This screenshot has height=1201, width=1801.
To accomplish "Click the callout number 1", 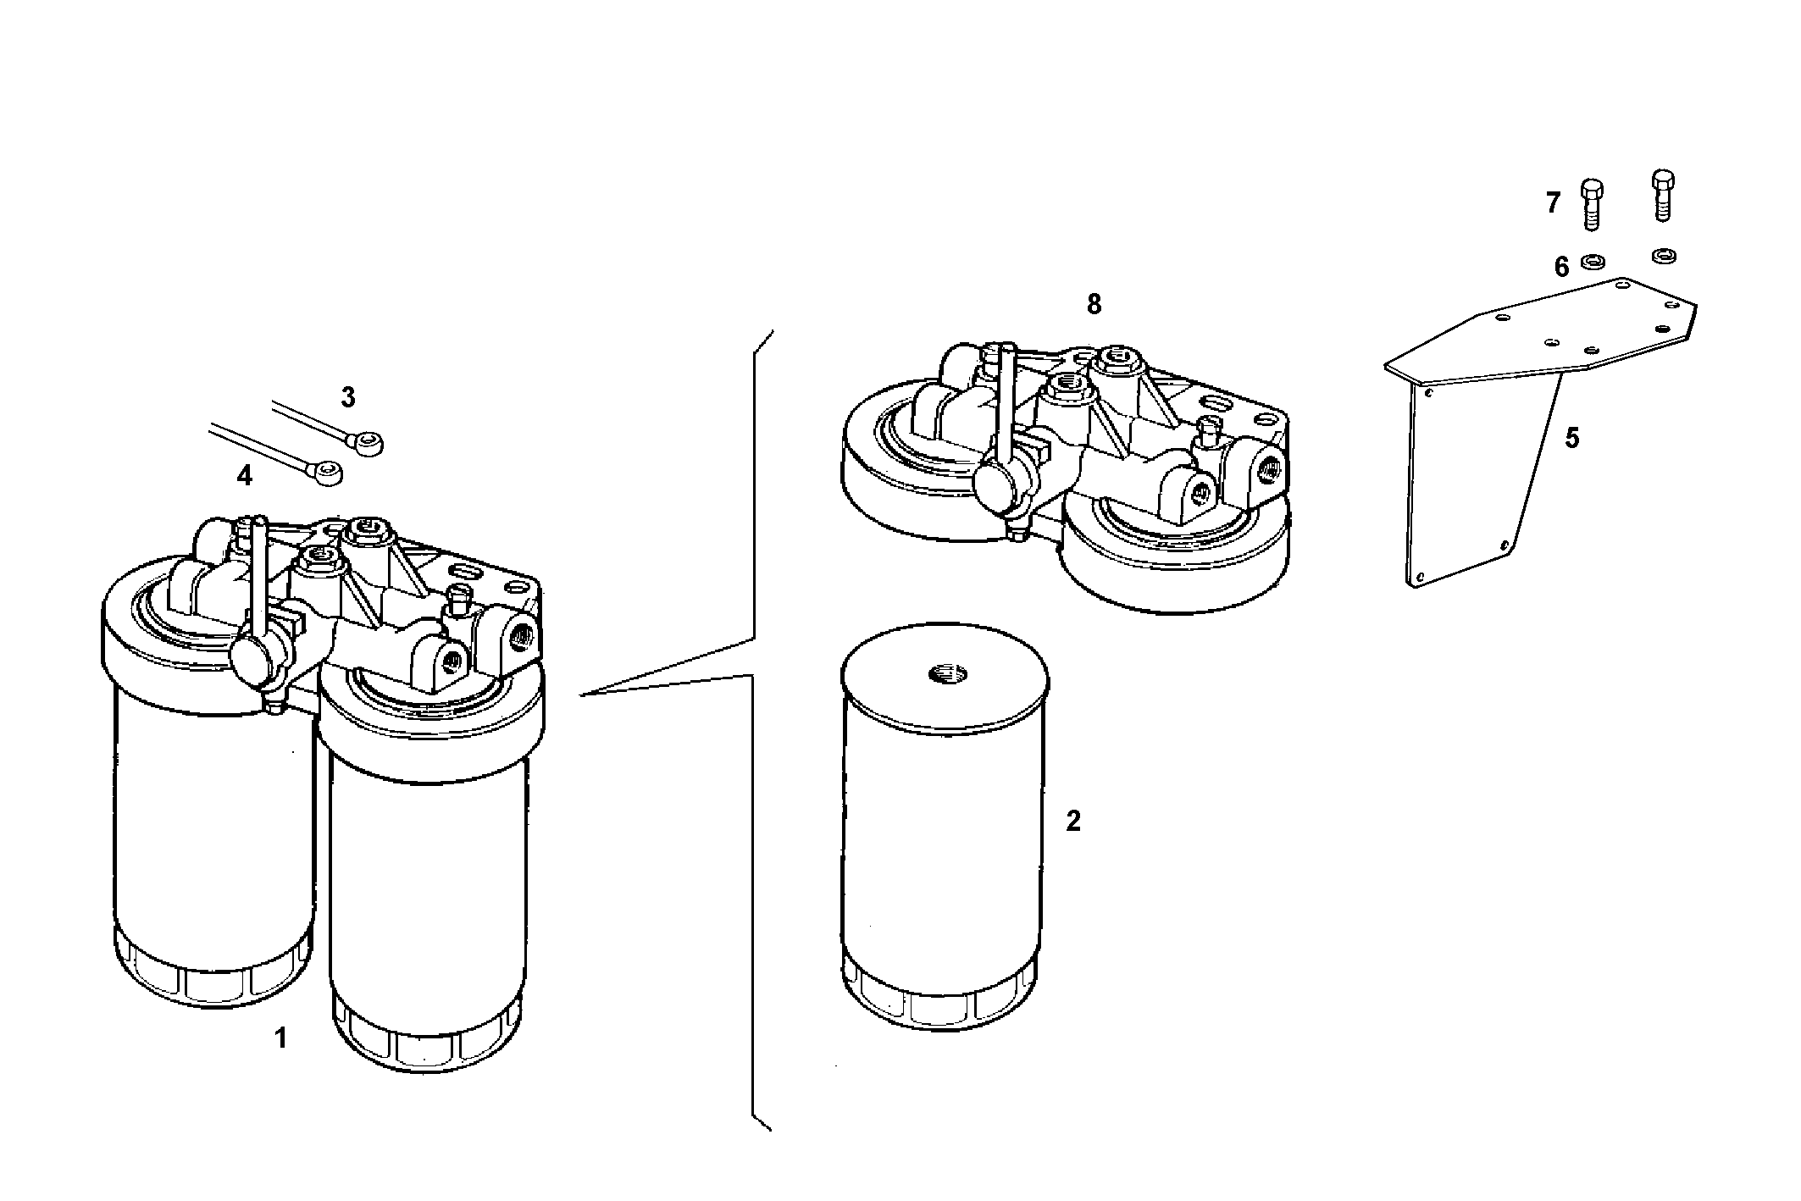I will tap(281, 1038).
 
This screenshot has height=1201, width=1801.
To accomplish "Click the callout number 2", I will tap(1073, 821).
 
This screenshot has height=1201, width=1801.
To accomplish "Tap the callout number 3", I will tap(348, 397).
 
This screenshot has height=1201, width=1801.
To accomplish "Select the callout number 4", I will tap(244, 476).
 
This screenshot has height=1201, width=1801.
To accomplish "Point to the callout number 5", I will tap(1572, 439).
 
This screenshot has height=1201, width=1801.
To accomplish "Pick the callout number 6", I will tap(1562, 267).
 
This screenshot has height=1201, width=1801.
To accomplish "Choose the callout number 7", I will tap(1553, 203).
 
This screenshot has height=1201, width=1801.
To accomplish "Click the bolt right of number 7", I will tap(1592, 204).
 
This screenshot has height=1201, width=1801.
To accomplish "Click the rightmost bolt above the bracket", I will tap(1663, 196).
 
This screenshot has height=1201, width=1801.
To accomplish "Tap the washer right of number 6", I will tap(1593, 261).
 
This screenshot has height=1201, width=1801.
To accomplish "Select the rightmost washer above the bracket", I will tap(1664, 254).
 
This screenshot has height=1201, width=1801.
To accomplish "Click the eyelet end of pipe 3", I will tap(369, 442).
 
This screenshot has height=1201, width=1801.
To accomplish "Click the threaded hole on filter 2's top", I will tap(943, 674).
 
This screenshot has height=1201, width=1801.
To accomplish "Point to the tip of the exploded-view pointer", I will tap(582, 695).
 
